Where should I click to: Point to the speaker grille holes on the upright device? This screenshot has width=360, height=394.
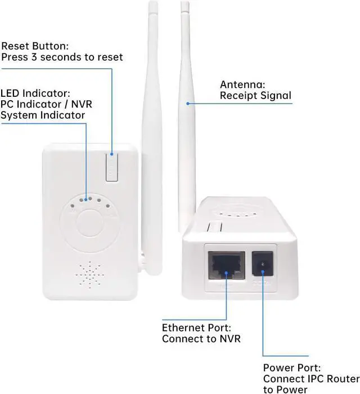point(91,275)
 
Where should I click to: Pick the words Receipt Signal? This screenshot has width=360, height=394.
point(255,96)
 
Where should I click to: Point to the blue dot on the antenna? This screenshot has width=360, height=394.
point(187,103)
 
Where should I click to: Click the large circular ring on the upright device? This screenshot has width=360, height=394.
point(90,225)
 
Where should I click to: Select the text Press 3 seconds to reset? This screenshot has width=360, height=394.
point(62,57)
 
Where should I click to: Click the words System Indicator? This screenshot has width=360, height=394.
point(43,115)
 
